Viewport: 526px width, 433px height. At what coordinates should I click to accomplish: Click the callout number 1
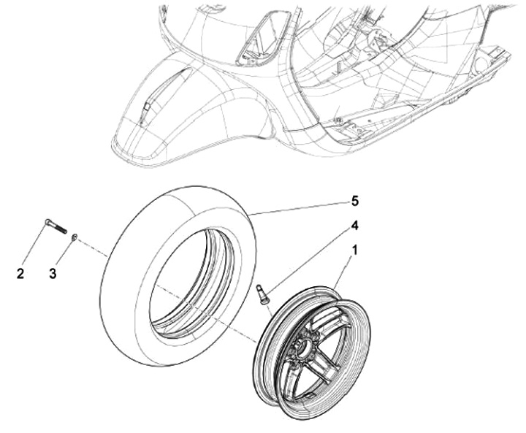[x=355, y=250]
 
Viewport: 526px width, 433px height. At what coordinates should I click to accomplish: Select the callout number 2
[x=20, y=274]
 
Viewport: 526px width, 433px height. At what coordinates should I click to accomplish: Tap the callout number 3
[x=53, y=274]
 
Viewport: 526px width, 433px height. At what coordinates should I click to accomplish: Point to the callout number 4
[x=355, y=225]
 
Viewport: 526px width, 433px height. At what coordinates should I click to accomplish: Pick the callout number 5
[x=355, y=200]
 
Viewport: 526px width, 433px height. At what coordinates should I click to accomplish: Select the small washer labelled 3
[x=76, y=237]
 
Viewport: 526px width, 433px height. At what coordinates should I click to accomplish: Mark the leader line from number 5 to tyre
[x=300, y=207]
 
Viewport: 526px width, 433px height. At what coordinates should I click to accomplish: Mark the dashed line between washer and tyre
[x=95, y=246]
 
